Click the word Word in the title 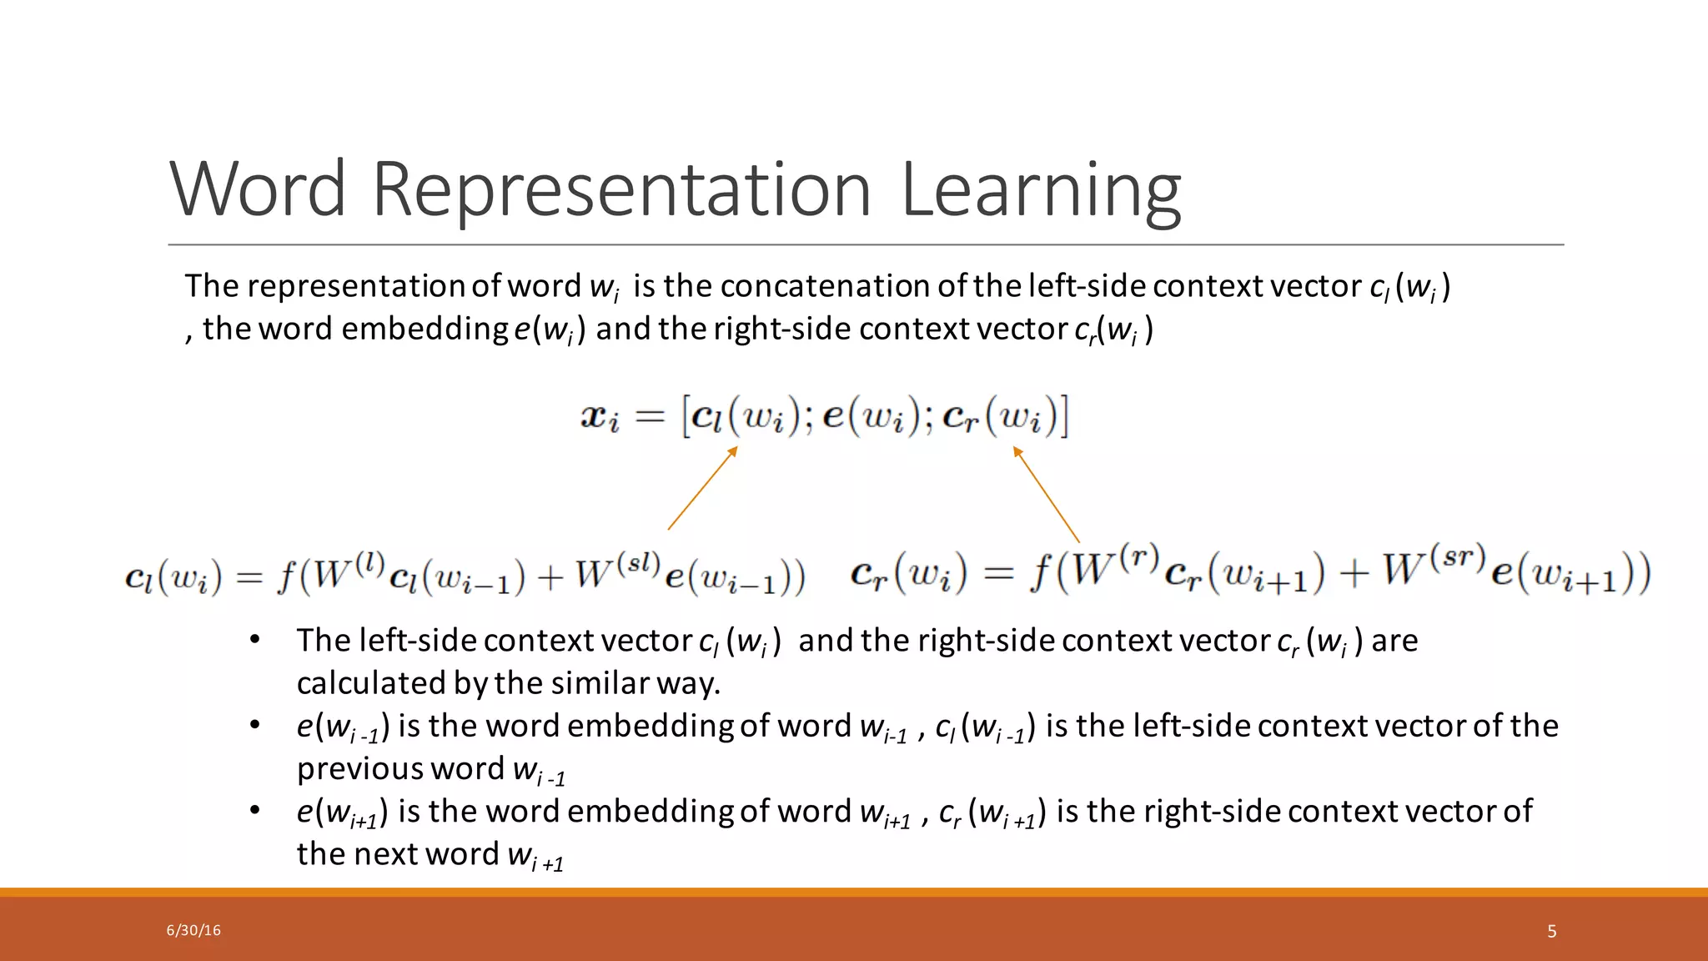click(258, 189)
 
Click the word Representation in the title click(620, 189)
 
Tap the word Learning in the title click(1040, 189)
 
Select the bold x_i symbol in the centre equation click(600, 416)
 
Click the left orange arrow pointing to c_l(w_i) click(702, 489)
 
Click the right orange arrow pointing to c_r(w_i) click(1046, 494)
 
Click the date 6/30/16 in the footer click(193, 930)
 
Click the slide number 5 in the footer click(1551, 931)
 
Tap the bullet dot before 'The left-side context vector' click(255, 640)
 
